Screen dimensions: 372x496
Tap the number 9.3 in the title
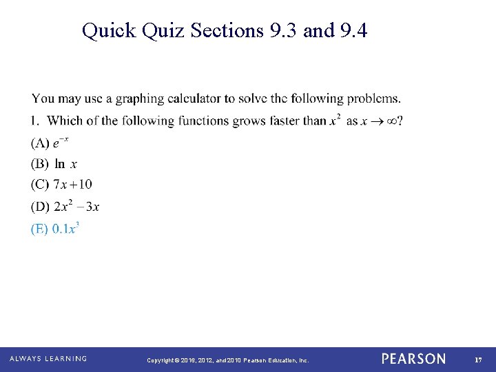point(282,30)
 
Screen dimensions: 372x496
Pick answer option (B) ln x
point(54,164)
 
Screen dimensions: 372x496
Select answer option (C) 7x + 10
point(61,185)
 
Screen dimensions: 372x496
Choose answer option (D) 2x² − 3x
point(65,206)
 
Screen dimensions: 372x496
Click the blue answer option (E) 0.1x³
point(55,228)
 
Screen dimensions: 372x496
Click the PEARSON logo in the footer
point(413,359)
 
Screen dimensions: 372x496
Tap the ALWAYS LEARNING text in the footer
point(48,359)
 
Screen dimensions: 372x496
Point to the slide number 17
point(477,360)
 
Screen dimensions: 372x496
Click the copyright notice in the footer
point(228,360)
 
